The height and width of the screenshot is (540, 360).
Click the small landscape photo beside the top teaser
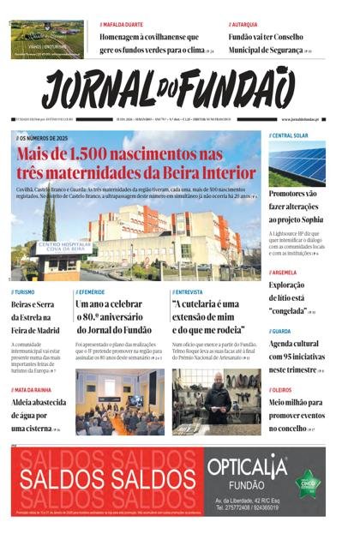(x=48, y=39)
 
